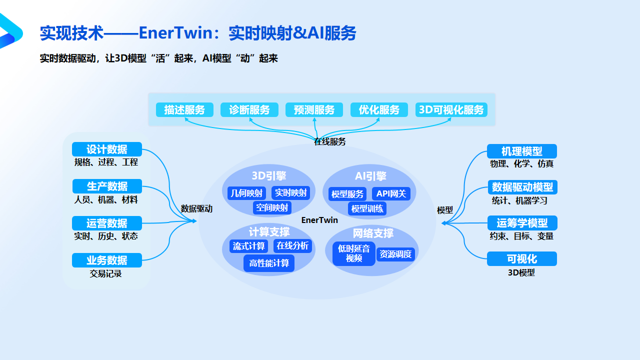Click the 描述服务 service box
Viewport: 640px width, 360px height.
coord(184,110)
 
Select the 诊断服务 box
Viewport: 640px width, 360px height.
coord(249,110)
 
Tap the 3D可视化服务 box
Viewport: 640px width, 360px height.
coord(451,110)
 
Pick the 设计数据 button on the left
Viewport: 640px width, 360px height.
coord(107,149)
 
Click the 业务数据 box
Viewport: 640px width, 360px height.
coord(107,260)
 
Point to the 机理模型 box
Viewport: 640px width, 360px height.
coord(521,151)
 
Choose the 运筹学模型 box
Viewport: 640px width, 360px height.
coord(522,223)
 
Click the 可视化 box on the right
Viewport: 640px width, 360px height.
coord(521,259)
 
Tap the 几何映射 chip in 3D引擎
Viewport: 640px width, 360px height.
coord(246,193)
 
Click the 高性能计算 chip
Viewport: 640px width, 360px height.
coord(269,263)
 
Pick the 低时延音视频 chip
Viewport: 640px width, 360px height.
coord(354,253)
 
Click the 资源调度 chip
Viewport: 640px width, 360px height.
coord(395,254)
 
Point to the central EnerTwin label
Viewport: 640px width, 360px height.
coord(319,220)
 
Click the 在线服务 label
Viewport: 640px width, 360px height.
coord(329,141)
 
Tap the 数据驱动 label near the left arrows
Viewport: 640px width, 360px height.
coord(196,209)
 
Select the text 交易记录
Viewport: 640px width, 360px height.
coord(106,274)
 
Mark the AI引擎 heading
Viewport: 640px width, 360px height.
coord(370,176)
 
